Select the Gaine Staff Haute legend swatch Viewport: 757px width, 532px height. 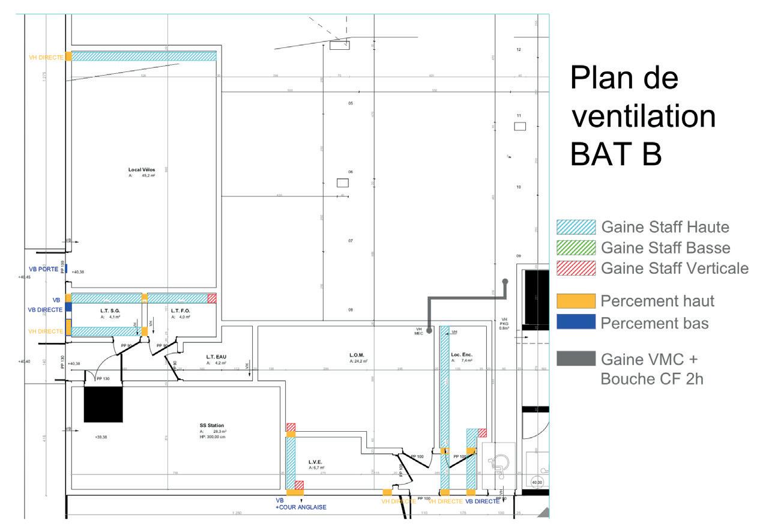[x=576, y=227]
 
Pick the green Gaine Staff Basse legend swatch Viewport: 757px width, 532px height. [x=576, y=247]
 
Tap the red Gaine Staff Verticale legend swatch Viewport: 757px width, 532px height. [x=576, y=268]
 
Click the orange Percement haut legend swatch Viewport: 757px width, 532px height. [x=576, y=300]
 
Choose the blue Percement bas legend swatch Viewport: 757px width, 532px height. [x=576, y=322]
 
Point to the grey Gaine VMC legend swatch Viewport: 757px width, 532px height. [x=576, y=358]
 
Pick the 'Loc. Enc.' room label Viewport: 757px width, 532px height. [x=462, y=355]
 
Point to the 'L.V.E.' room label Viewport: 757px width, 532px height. [x=316, y=461]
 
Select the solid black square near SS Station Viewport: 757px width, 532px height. [x=103, y=405]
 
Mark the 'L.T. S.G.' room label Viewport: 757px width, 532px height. [x=110, y=310]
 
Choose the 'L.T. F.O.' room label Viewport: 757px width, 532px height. [x=180, y=310]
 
